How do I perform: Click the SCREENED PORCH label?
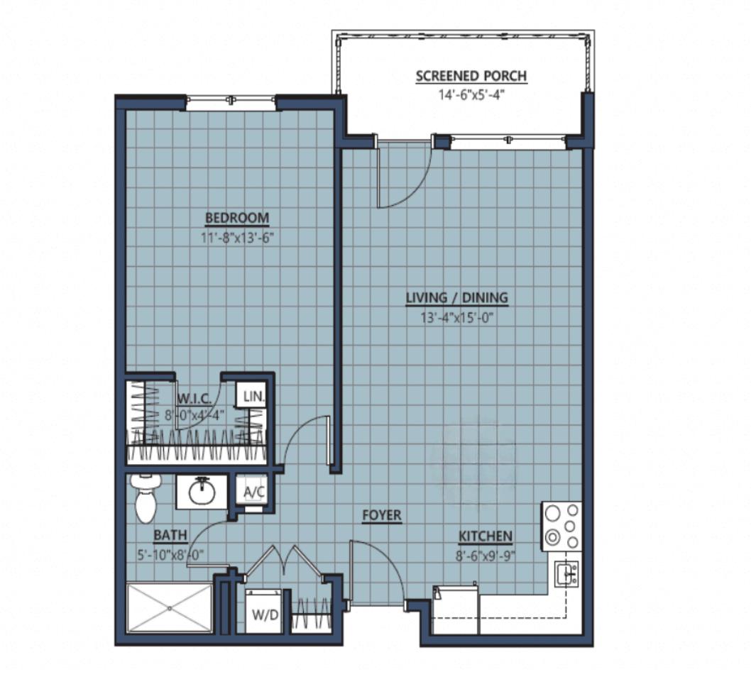471,76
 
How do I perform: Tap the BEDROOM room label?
237,218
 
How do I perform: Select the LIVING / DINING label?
457,298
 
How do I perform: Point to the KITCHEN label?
486,536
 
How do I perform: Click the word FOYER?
382,515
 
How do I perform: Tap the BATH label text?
170,535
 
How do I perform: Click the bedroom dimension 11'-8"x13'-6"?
237,237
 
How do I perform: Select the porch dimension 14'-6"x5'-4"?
471,95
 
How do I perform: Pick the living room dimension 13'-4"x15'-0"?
457,317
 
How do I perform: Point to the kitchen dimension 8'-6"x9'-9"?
486,556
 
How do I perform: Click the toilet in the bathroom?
146,498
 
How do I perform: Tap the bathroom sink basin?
202,492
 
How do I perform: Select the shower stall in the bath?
170,608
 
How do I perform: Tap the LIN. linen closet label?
253,396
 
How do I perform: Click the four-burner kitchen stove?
561,527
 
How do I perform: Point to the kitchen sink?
566,574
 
